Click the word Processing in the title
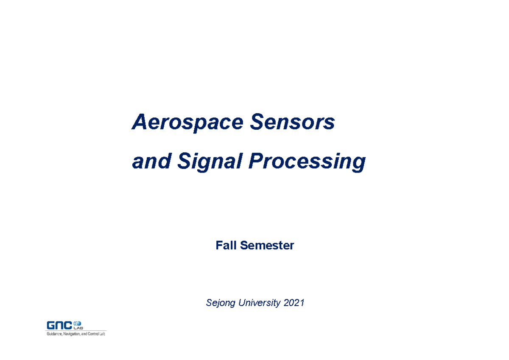tap(306, 162)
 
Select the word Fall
tap(226, 245)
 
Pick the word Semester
tap(267, 245)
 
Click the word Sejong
tap(221, 303)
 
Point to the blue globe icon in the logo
tap(78, 323)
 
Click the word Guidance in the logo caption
tap(53, 334)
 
